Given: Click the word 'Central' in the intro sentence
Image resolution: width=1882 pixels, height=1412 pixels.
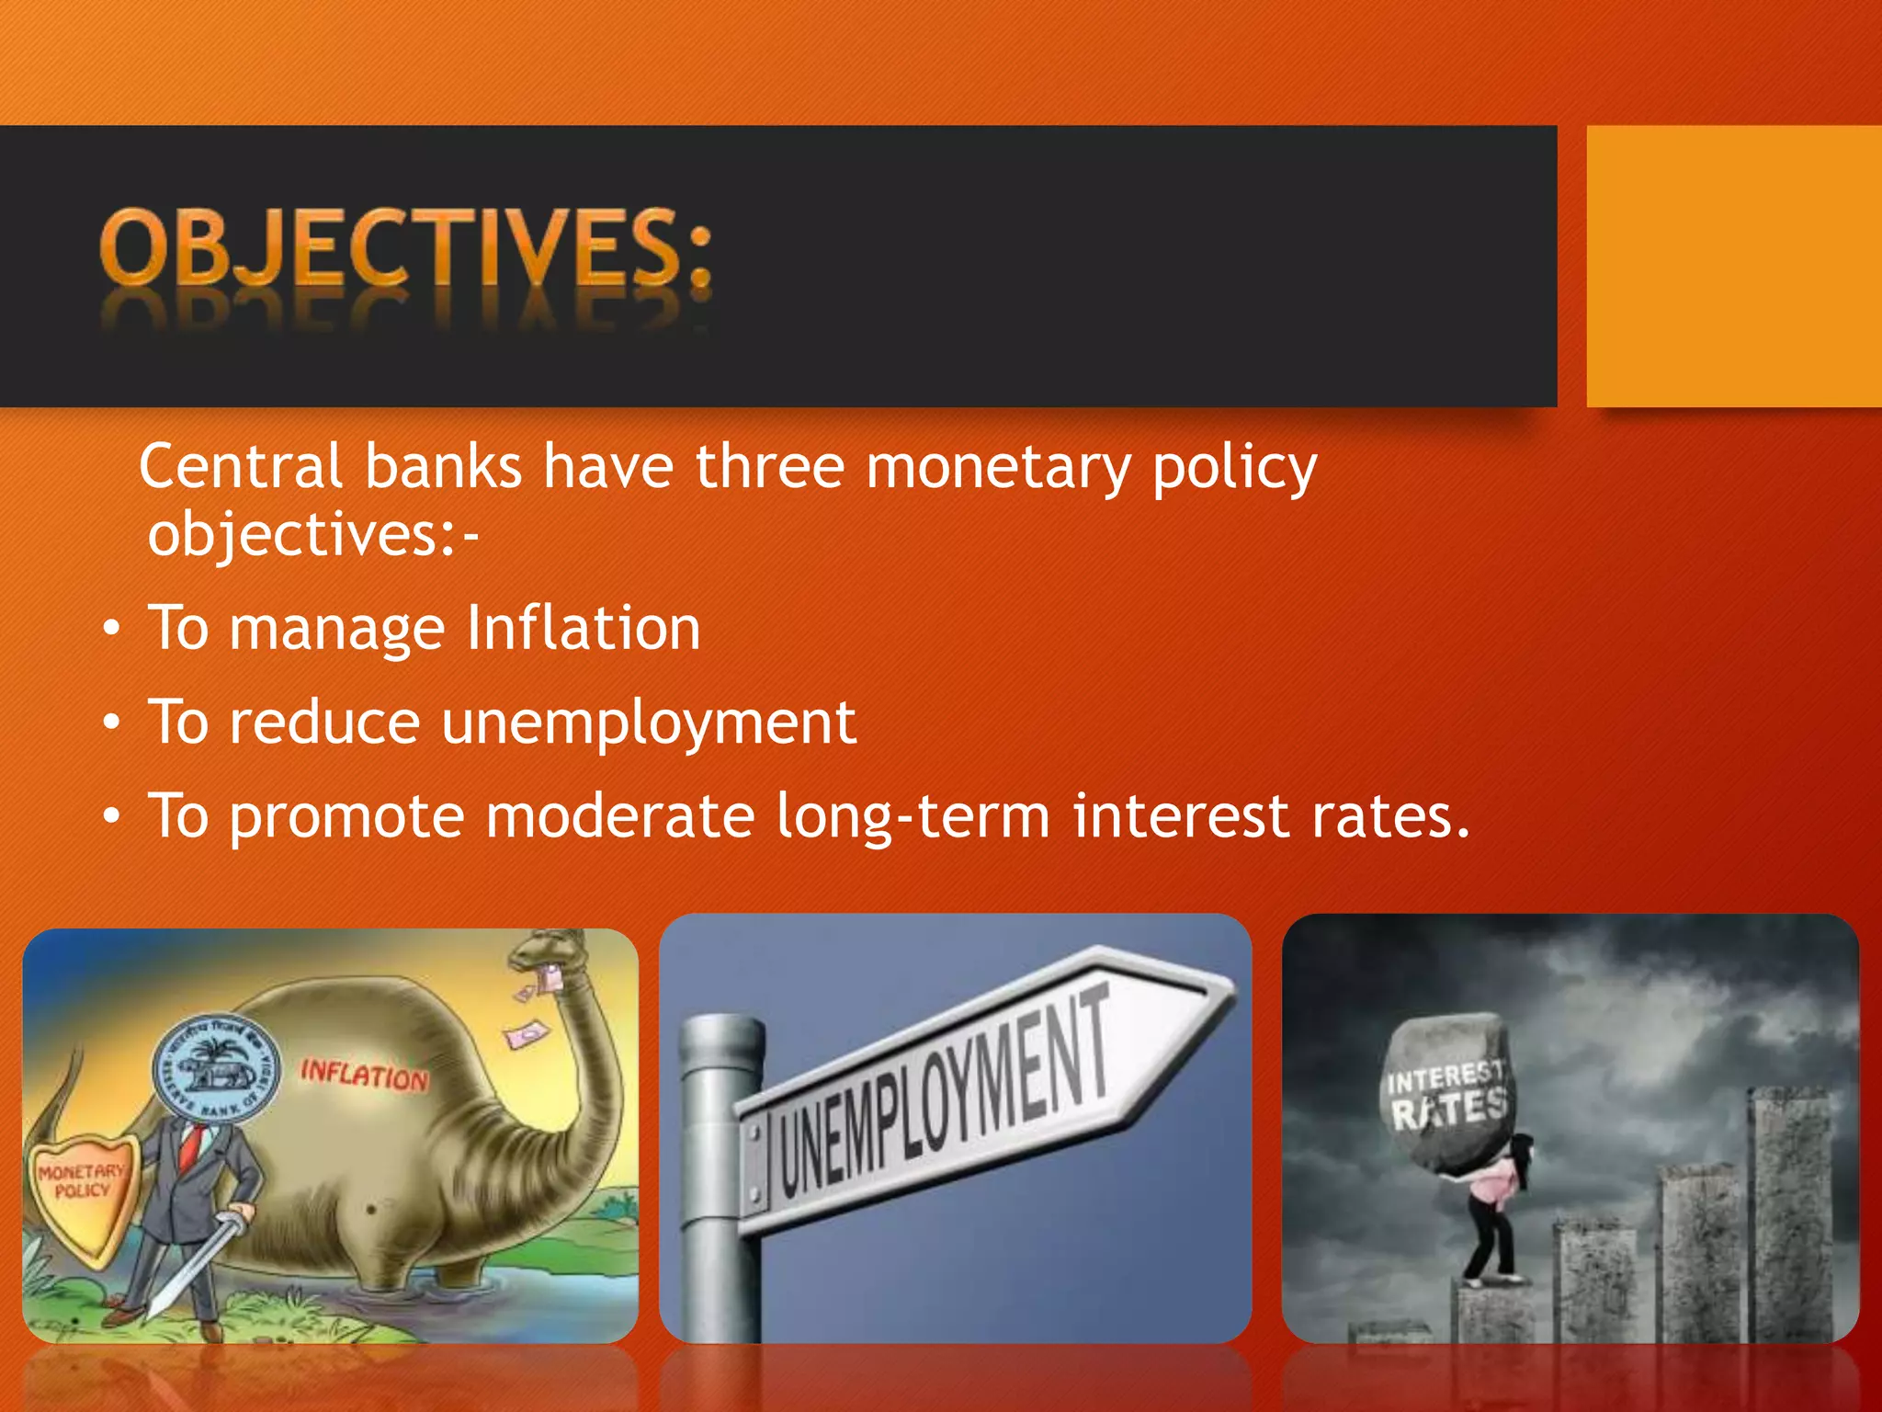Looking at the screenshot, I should point(241,466).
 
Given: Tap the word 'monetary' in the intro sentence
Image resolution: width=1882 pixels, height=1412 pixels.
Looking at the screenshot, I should point(997,468).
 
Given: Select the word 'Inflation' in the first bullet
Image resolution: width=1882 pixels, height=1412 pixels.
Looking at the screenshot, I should point(584,628).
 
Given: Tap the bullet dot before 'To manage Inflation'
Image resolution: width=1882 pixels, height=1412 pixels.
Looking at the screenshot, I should point(111,630).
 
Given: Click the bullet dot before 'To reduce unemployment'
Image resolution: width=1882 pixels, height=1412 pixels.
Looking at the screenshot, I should point(111,723).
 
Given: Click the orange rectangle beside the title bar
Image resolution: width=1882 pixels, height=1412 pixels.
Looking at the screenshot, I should point(1733,267).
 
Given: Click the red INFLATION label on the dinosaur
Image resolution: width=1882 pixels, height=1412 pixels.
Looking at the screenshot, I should point(364,1075).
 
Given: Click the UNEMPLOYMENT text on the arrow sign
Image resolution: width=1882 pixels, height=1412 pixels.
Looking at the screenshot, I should point(947,1089).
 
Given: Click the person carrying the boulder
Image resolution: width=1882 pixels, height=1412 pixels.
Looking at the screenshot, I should point(1493,1213).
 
